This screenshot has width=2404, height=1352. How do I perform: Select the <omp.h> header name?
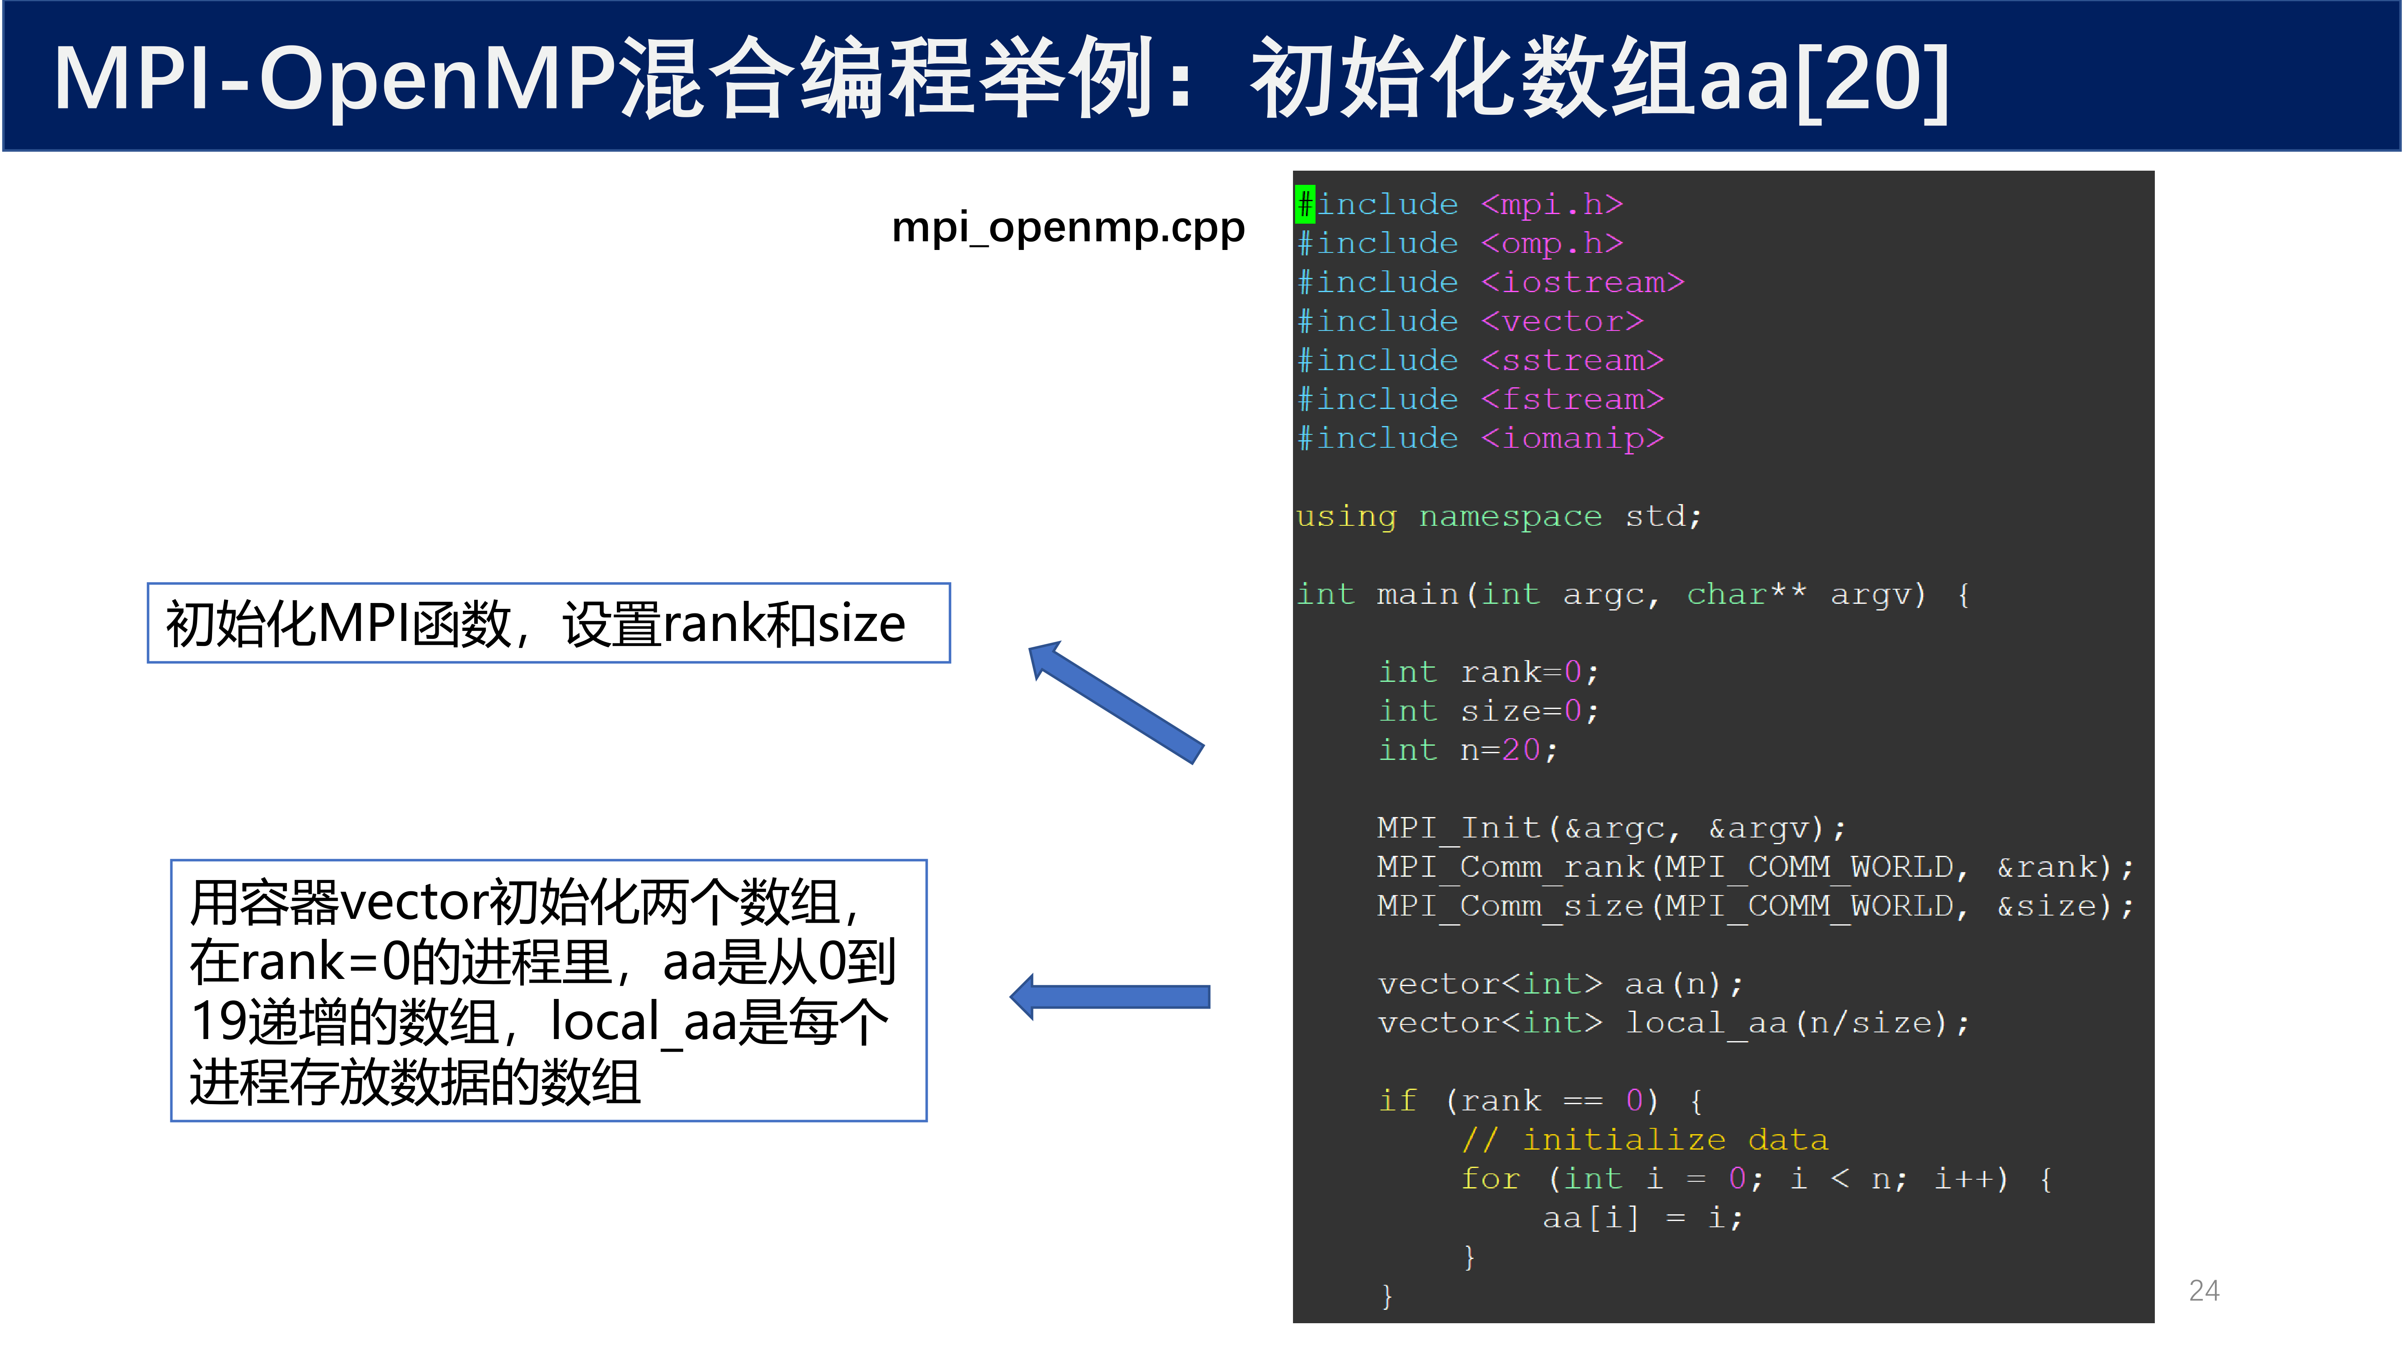1552,244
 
